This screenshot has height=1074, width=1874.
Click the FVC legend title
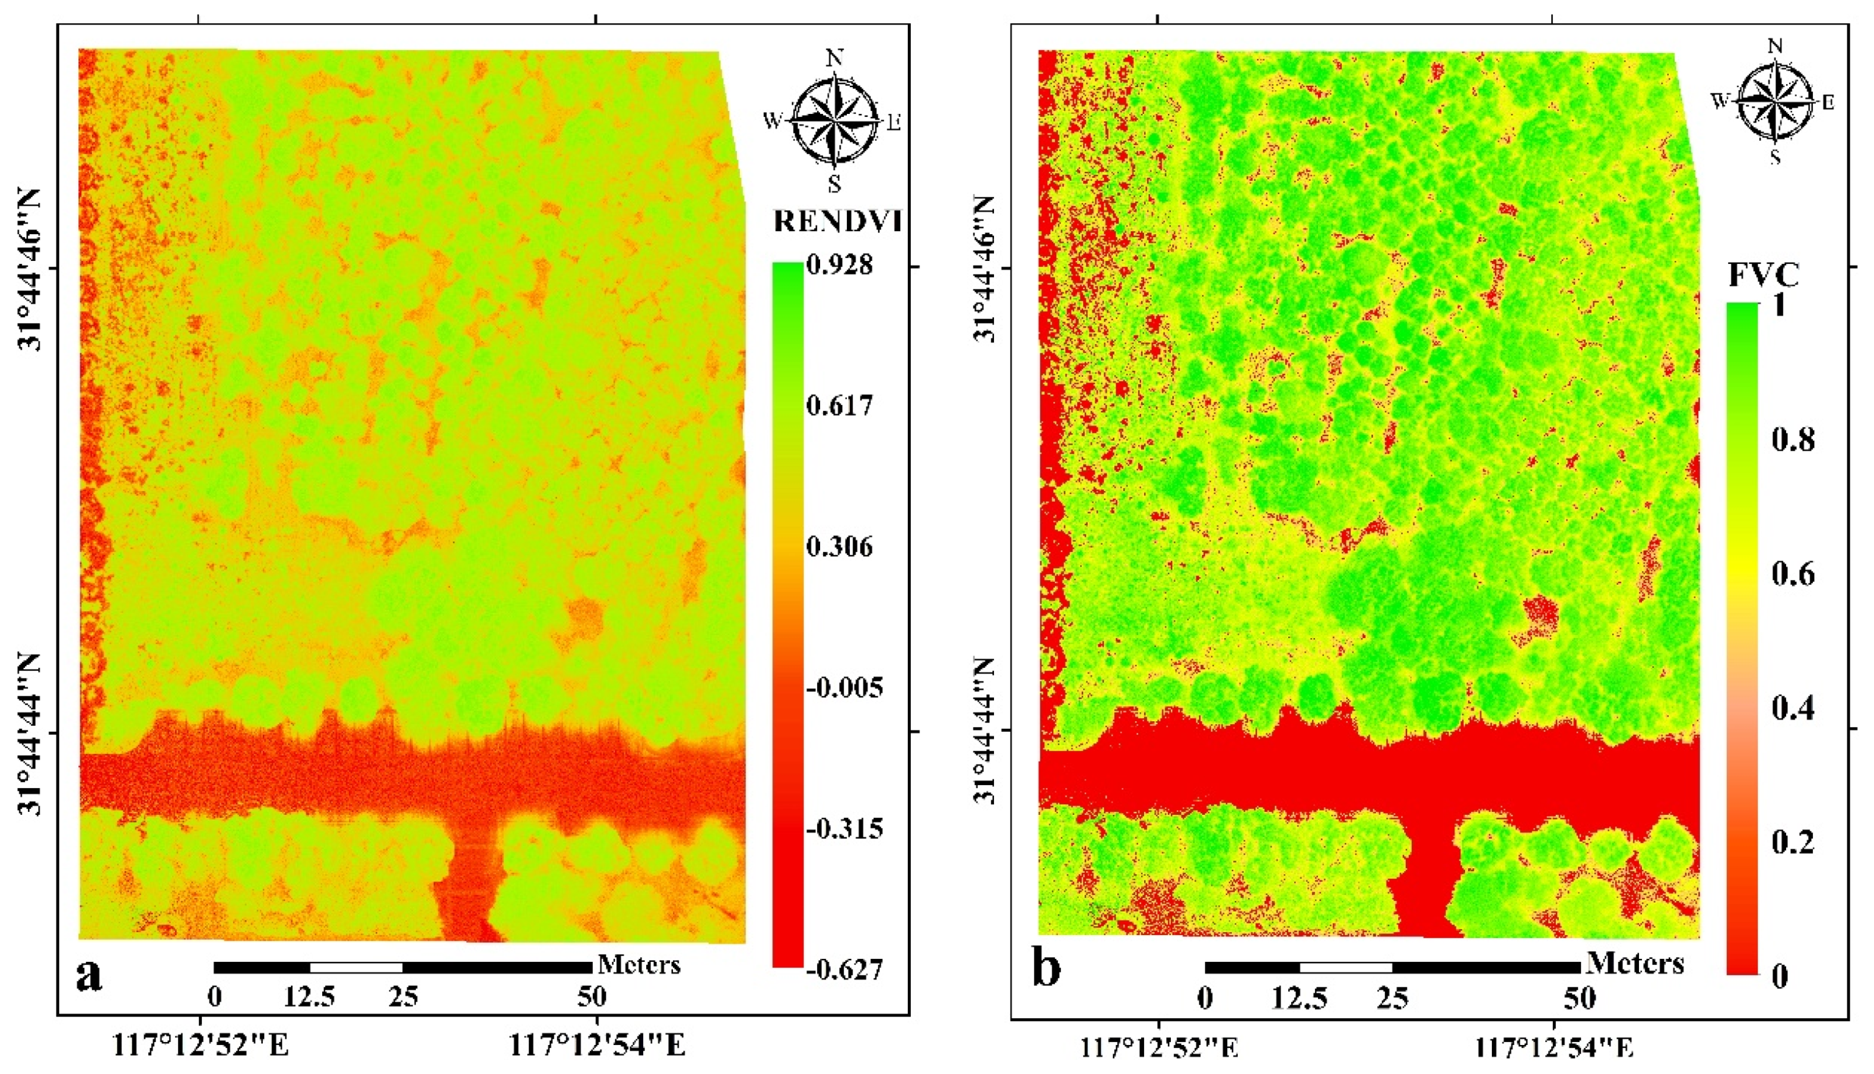tap(1763, 275)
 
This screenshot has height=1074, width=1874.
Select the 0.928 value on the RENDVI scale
tap(839, 265)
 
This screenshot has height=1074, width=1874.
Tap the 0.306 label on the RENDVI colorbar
tap(839, 547)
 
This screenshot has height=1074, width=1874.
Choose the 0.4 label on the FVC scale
tap(1793, 707)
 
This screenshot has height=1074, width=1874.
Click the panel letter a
tap(89, 975)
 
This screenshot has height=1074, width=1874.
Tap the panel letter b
tap(1046, 968)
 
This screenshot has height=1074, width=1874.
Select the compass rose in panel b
tap(1775, 102)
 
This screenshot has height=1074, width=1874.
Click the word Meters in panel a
tap(639, 964)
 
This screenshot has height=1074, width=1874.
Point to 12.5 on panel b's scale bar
tap(1299, 998)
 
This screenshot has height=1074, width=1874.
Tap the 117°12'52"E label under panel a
tap(199, 1045)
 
